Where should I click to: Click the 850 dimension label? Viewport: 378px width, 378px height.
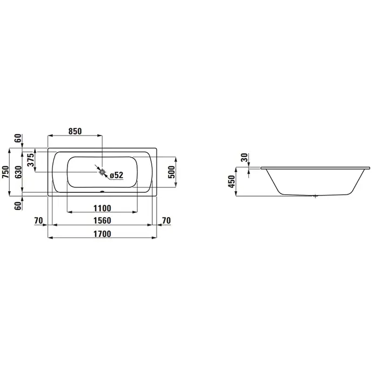pyautogui.click(x=75, y=131)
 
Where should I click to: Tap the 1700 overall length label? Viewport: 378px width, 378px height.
pyautogui.click(x=102, y=234)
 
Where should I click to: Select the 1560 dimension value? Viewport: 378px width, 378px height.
pyautogui.click(x=102, y=220)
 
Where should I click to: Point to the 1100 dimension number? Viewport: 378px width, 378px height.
pyautogui.click(x=102, y=208)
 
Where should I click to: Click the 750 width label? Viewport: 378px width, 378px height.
pyautogui.click(x=5, y=172)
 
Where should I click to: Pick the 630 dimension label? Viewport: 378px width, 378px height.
pyautogui.click(x=18, y=172)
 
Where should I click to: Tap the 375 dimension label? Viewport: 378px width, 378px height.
pyautogui.click(x=31, y=160)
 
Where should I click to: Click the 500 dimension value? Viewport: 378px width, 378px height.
pyautogui.click(x=171, y=172)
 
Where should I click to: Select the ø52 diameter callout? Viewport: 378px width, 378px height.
pyautogui.click(x=117, y=175)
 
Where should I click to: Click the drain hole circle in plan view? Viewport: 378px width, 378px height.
pyautogui.click(x=103, y=172)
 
